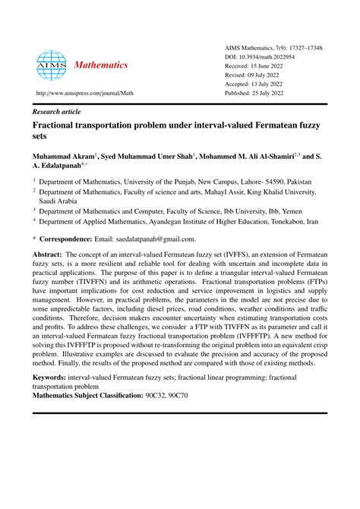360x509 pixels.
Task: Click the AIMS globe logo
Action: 51,65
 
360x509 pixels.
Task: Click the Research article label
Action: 59,110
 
